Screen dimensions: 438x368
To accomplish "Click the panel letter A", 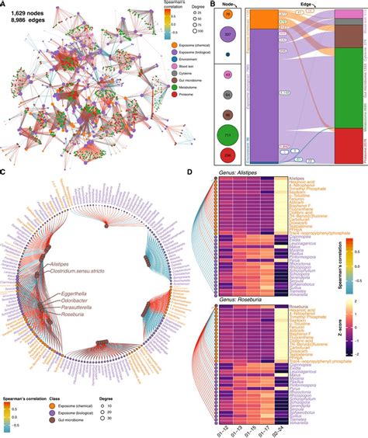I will click(5, 5).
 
